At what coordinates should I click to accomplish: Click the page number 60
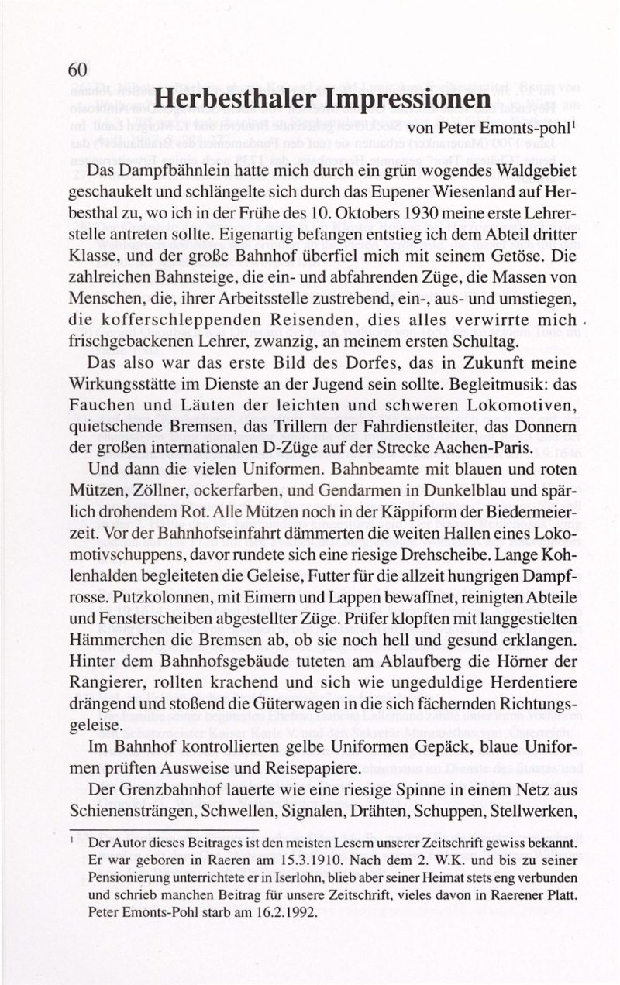tap(77, 69)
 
